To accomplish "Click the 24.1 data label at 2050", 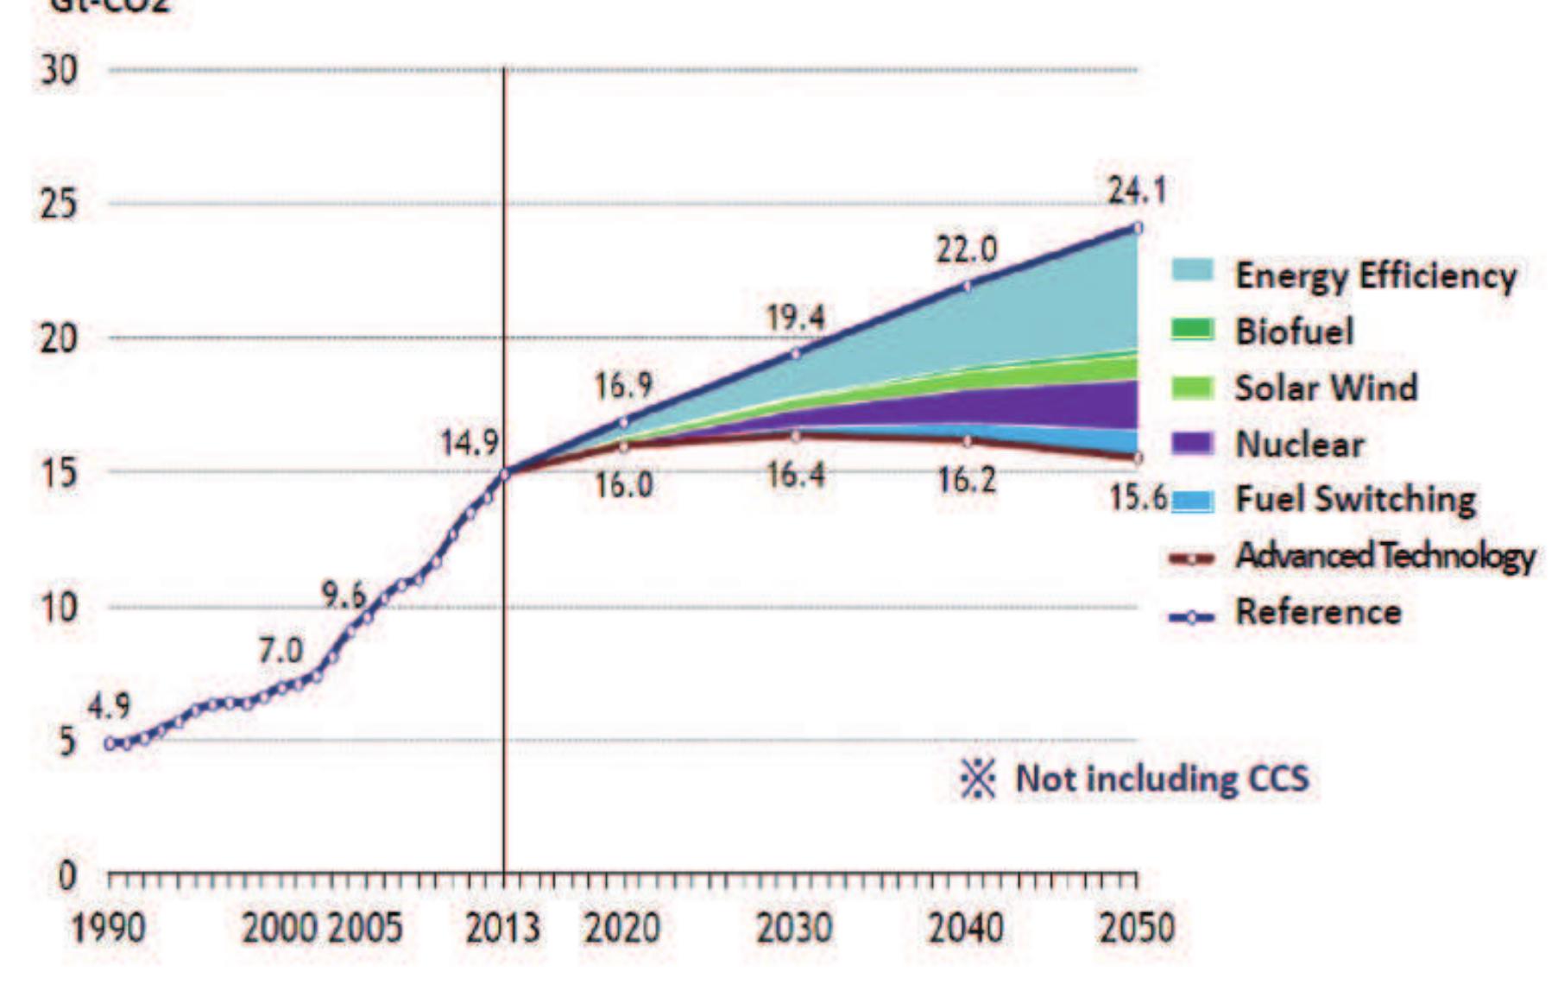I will (1137, 190).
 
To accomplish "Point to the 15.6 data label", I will (1139, 497).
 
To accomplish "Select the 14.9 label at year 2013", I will (470, 443).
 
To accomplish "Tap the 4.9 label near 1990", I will (109, 706).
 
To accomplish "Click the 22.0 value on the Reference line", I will (967, 250).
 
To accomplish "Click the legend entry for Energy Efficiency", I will (1374, 276).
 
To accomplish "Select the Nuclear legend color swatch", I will (1192, 444).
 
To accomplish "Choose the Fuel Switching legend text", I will (1355, 499).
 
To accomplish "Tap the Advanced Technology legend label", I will (1385, 555).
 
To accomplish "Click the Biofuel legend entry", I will (1293, 331).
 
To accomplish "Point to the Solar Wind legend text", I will (1326, 388).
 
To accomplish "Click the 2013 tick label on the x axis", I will (503, 929).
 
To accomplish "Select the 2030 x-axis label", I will (794, 929).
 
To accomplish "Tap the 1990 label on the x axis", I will (109, 929).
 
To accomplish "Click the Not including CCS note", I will (1161, 779).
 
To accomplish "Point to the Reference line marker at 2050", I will (1138, 228).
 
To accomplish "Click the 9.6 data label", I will (344, 595).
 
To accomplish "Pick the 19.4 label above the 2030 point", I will (796, 319).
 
